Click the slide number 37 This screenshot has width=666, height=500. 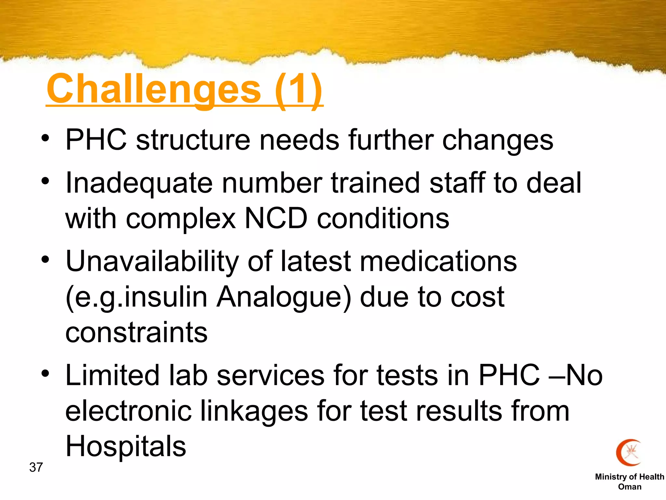pos(36,467)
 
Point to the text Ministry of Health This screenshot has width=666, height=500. pos(629,477)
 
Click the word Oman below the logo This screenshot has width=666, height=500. pos(630,487)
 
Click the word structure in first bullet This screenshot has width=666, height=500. pos(193,140)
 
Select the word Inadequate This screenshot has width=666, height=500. pos(139,183)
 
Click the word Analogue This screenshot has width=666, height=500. pos(284,297)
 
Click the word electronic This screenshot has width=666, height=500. pos(128,411)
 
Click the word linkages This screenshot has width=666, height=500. pos(254,411)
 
